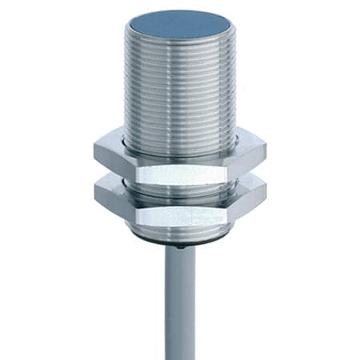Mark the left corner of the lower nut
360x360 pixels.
pyautogui.click(x=95, y=193)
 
